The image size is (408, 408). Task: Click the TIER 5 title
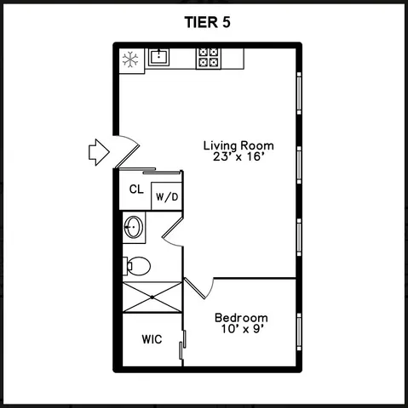[x=204, y=23]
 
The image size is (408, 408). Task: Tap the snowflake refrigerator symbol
[x=131, y=59]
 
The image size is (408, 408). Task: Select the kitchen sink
[x=158, y=58]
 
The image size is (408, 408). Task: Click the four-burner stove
[x=208, y=58]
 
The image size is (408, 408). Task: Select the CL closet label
[x=136, y=190]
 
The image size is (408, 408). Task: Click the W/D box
[x=166, y=197]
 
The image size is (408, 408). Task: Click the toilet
[x=136, y=265]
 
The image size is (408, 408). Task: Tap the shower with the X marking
[x=153, y=297]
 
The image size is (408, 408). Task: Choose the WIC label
[x=152, y=338]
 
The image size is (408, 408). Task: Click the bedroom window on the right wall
[x=299, y=327]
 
